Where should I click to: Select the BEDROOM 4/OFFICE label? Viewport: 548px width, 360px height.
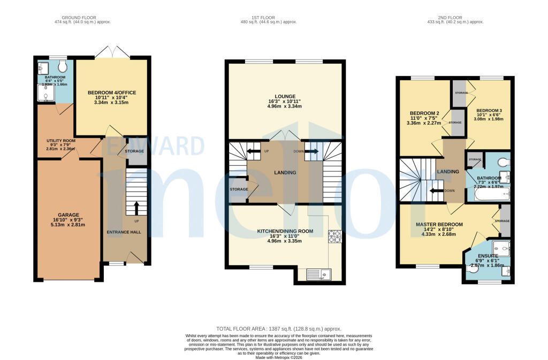click(112, 93)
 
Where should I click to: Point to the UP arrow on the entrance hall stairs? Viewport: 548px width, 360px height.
click(135, 207)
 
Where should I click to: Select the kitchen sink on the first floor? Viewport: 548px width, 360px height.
click(319, 274)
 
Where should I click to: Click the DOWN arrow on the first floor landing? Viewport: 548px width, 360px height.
click(311, 151)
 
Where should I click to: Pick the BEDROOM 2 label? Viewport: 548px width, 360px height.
click(424, 113)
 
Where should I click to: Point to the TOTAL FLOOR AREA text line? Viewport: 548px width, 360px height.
click(278, 328)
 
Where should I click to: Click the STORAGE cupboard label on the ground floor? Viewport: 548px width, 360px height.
click(134, 151)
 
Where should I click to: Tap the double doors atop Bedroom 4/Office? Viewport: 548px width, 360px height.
click(112, 52)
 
